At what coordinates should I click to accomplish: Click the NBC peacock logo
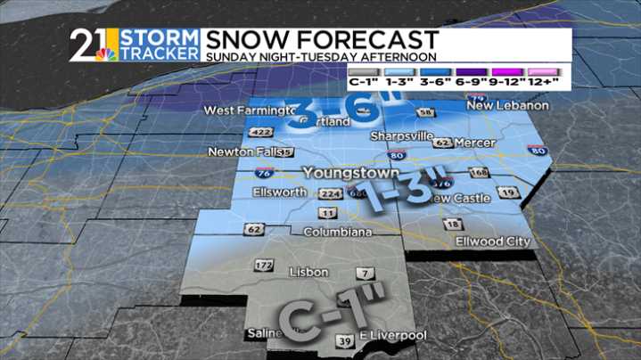pos(108,55)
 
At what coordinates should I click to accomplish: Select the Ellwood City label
pos(492,241)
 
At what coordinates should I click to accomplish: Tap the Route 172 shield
pos(263,266)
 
